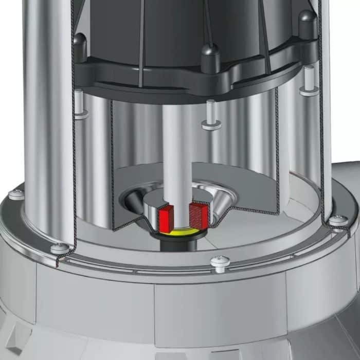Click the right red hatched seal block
(199, 214)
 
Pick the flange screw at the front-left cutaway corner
(59, 248)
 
